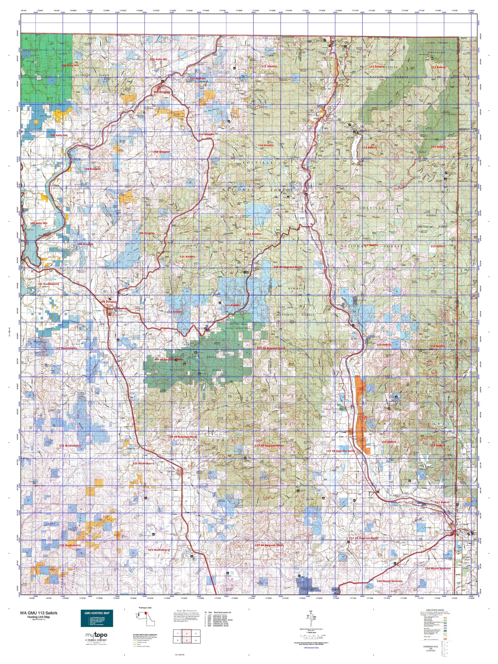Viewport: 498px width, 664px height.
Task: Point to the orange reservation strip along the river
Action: point(360,415)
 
